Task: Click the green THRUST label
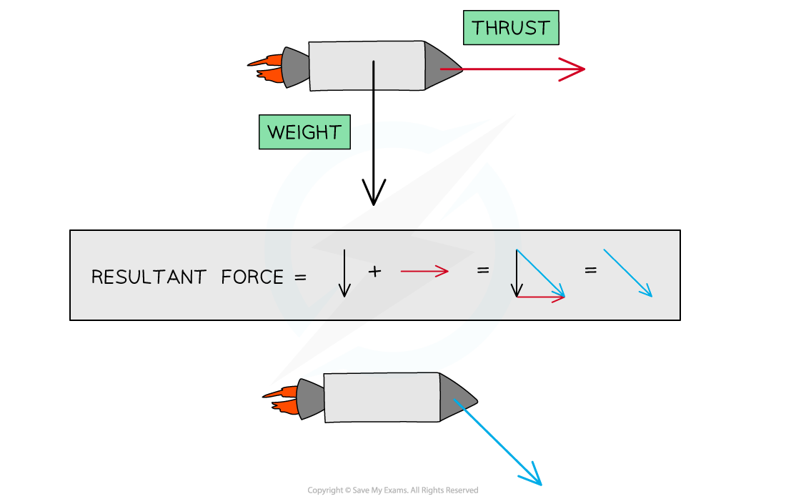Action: click(x=510, y=29)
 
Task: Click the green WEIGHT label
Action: click(x=304, y=132)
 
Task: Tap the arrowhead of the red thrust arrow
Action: click(x=576, y=69)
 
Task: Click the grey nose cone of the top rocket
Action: click(x=440, y=66)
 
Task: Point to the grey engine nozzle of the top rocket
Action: click(x=294, y=66)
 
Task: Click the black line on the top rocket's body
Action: click(x=373, y=75)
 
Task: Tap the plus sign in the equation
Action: click(x=374, y=271)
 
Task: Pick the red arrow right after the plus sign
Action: click(x=424, y=271)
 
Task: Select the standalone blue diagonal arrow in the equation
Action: click(x=628, y=273)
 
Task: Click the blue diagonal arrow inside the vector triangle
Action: click(x=541, y=273)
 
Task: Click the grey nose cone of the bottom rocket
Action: click(x=456, y=397)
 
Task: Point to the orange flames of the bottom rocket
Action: click(x=282, y=400)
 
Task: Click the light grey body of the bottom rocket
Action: click(x=382, y=397)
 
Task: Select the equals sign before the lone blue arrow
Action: click(x=590, y=271)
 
